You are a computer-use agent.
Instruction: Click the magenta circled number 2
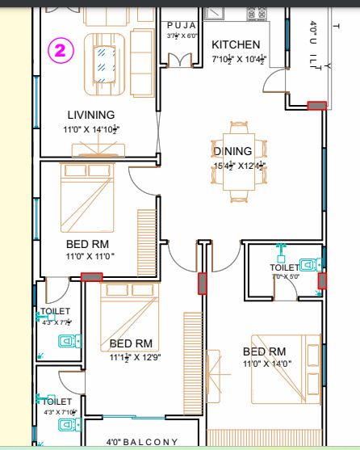coord(62,50)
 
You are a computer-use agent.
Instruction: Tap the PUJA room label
coord(182,25)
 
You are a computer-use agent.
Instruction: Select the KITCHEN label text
coord(236,45)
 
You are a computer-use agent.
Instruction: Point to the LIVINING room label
coord(91,115)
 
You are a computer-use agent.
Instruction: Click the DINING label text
coord(233,151)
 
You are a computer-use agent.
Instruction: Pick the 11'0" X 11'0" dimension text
coord(90,256)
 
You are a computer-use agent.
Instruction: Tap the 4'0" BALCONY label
coord(142,442)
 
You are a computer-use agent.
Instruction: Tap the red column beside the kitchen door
coord(316,105)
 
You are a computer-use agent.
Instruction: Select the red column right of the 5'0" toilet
coord(322,280)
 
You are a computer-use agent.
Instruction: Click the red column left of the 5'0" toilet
coord(203,282)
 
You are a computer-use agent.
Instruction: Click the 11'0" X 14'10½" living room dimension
coord(91,129)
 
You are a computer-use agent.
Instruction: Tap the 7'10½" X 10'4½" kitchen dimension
coord(239,59)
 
